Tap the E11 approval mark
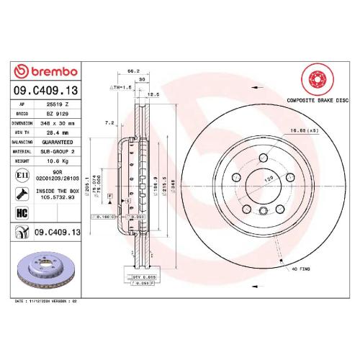tap(22, 175)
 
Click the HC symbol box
tap(22, 212)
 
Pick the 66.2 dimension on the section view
tap(132, 71)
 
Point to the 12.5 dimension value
tap(153, 94)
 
